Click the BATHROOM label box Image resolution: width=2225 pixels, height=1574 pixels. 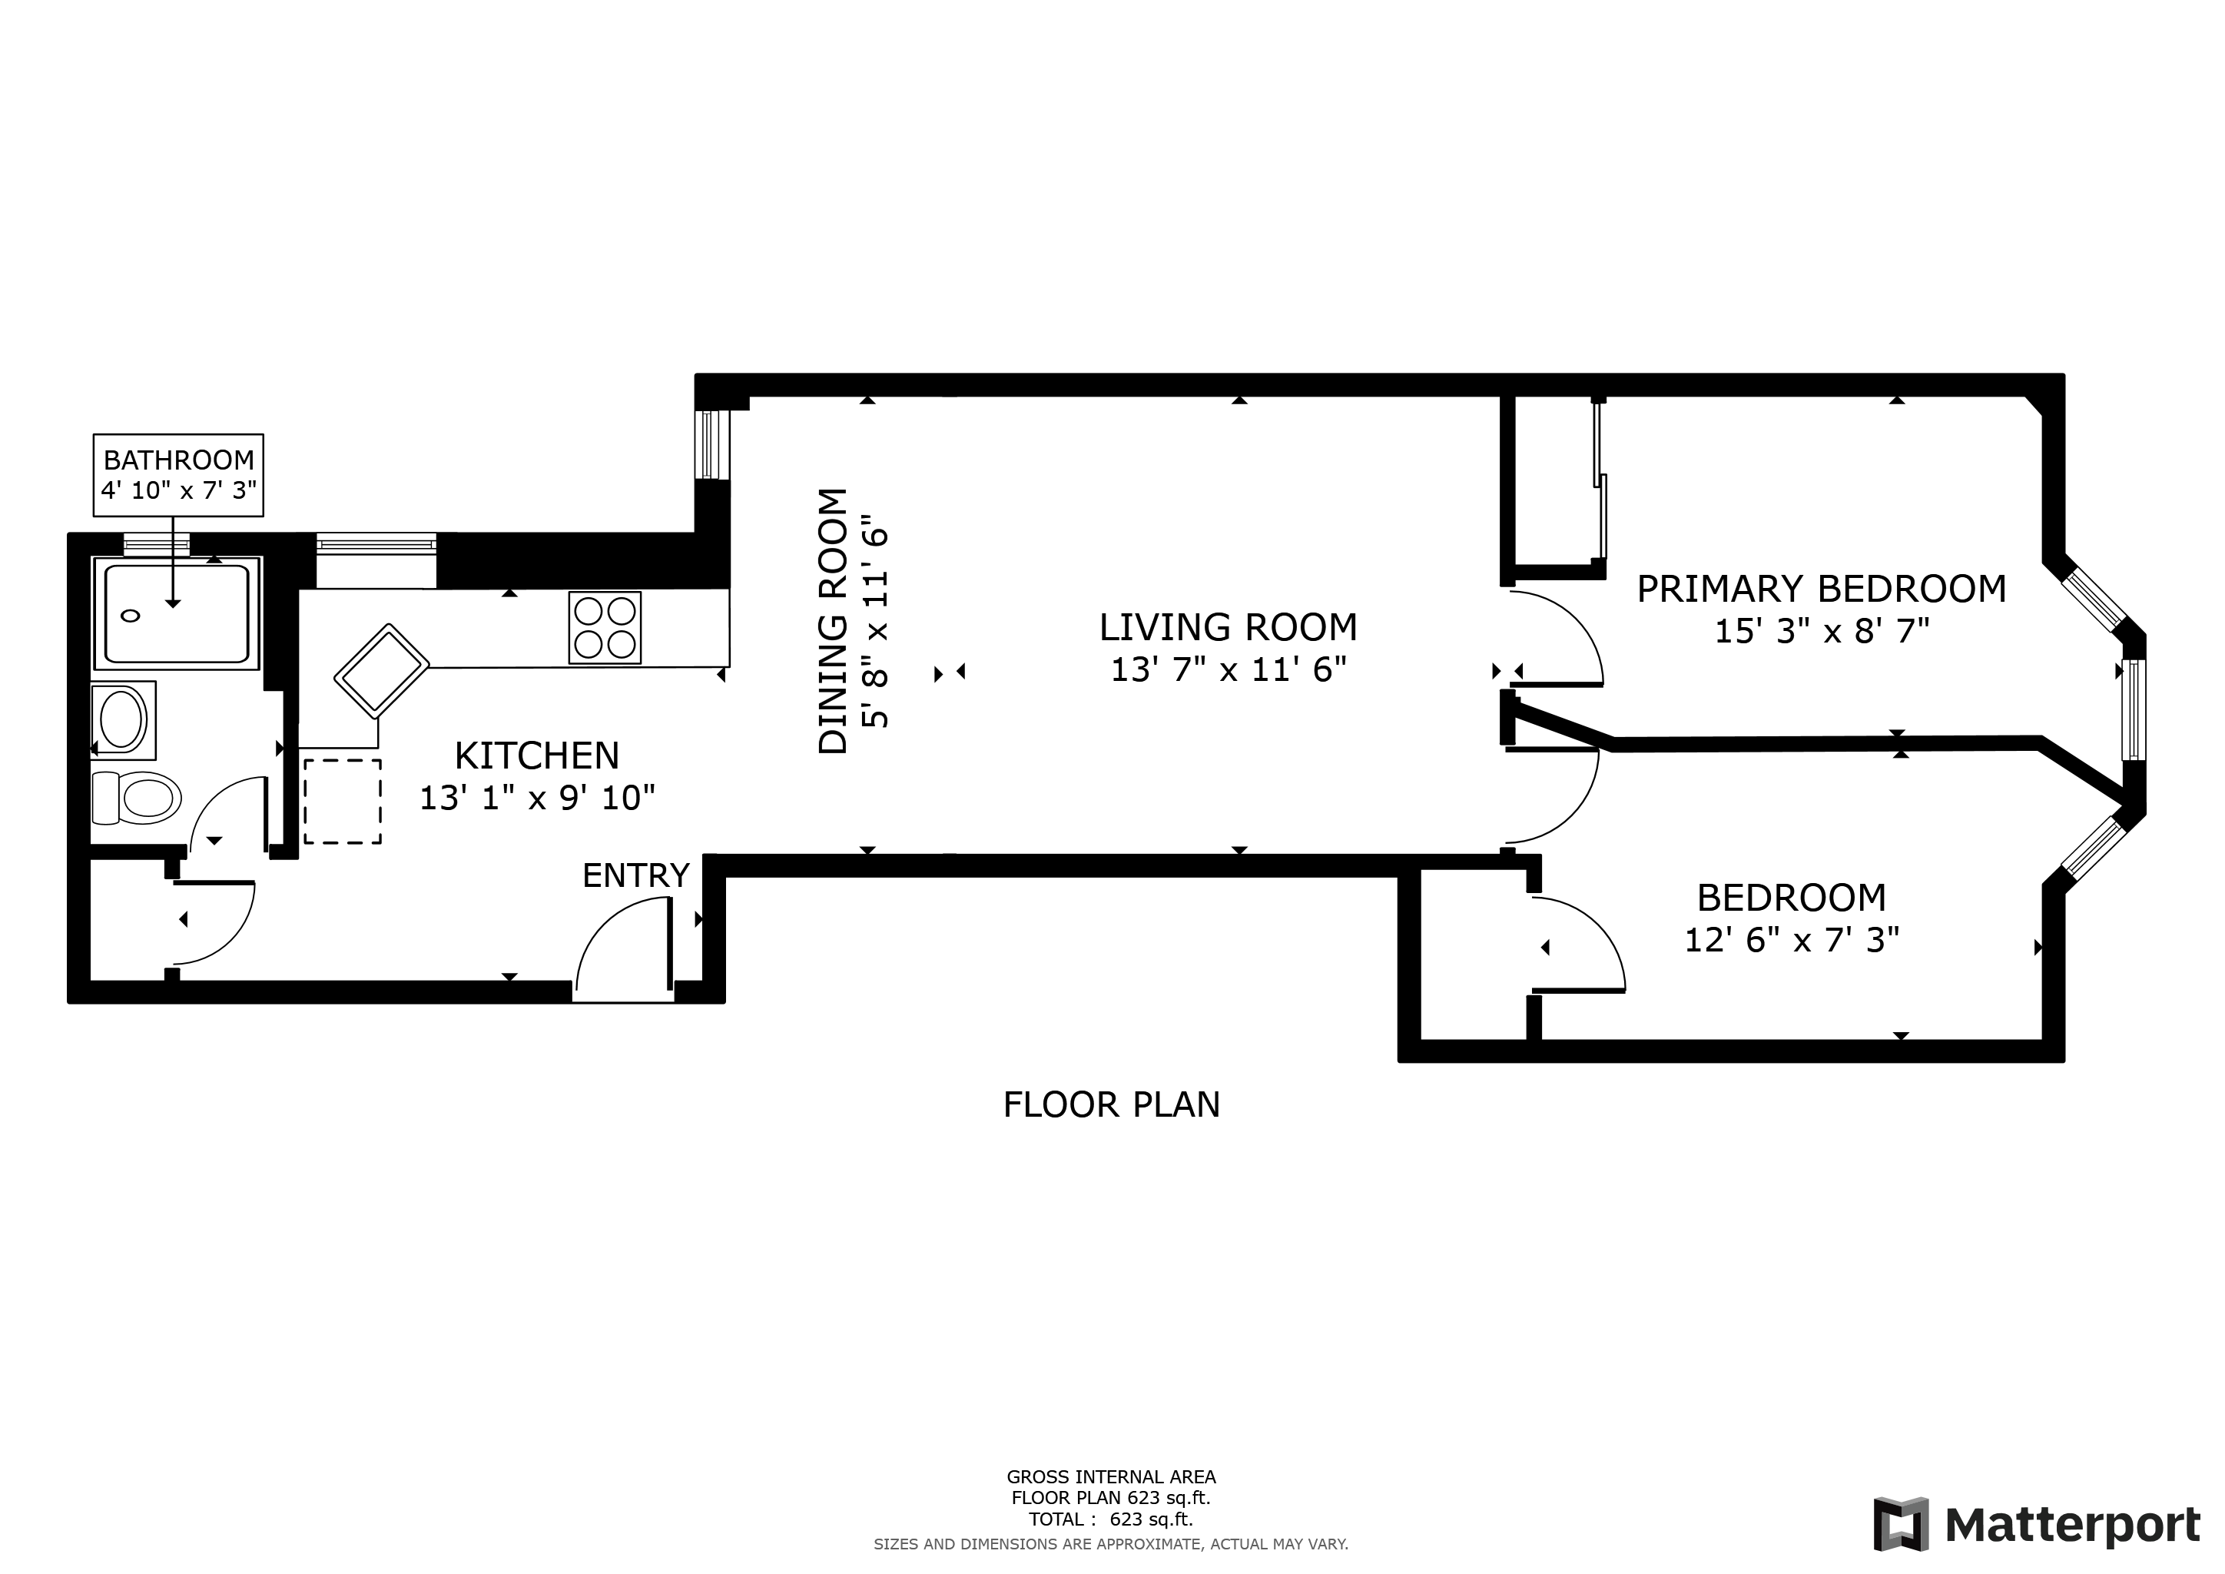(178, 475)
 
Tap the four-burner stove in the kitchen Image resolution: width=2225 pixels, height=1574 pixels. (605, 628)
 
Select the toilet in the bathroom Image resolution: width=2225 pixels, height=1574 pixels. (137, 798)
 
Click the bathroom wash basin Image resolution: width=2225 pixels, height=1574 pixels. (123, 720)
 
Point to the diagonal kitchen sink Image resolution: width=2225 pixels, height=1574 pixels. (382, 671)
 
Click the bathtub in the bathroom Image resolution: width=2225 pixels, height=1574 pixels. (177, 613)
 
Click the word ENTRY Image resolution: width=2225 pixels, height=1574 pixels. (635, 875)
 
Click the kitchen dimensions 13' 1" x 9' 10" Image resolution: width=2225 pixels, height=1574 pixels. (537, 798)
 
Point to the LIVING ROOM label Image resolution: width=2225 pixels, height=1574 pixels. (1228, 627)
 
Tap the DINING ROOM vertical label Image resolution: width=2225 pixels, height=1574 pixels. (834, 620)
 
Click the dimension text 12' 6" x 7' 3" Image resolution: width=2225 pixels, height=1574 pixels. (1792, 940)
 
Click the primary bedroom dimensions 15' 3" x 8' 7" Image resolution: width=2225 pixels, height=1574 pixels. (1822, 631)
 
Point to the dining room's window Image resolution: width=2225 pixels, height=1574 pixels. (713, 444)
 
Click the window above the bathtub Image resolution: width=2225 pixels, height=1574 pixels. (156, 543)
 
